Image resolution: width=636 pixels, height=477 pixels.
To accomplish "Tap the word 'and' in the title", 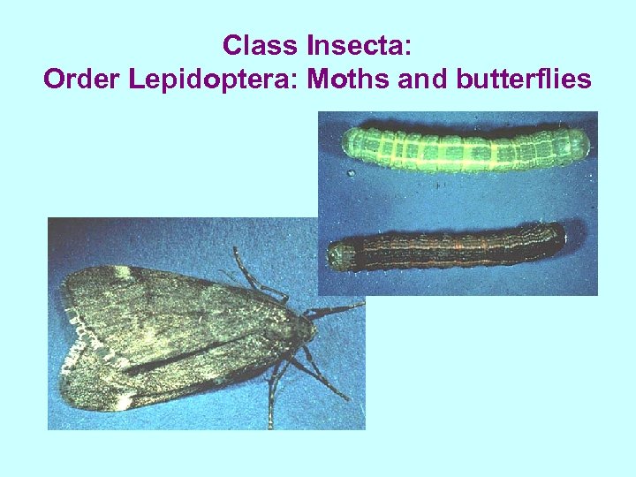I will tap(424, 79).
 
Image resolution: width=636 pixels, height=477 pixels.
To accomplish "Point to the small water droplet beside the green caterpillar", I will tap(351, 173).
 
